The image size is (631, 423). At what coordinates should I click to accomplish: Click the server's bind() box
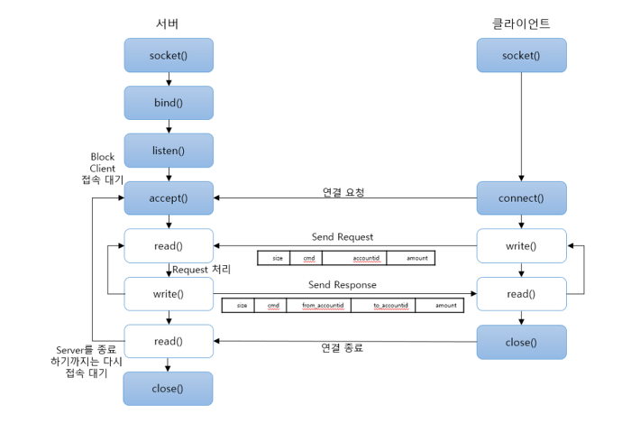click(x=169, y=103)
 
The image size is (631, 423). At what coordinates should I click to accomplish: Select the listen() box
click(x=169, y=151)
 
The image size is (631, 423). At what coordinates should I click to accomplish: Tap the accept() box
click(x=169, y=198)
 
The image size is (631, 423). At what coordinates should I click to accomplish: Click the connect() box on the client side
click(x=521, y=198)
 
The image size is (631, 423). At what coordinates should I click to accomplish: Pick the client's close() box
click(x=521, y=342)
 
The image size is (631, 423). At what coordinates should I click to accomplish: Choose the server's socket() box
click(x=169, y=55)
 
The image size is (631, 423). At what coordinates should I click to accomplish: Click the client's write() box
click(x=521, y=245)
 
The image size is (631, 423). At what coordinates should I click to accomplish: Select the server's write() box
click(x=169, y=294)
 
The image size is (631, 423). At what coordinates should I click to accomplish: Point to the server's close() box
click(x=169, y=389)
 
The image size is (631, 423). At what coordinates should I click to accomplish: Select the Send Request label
click(x=343, y=237)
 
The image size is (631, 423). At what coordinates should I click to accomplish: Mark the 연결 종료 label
click(x=343, y=347)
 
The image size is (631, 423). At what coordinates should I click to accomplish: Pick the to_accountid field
click(x=391, y=306)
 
